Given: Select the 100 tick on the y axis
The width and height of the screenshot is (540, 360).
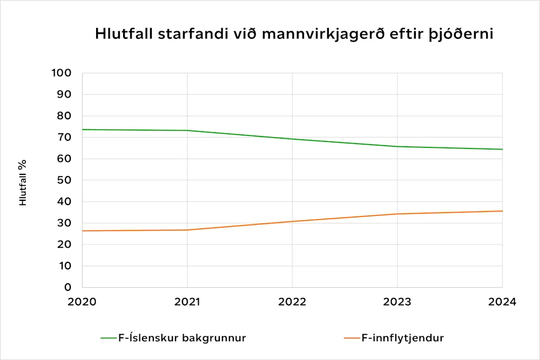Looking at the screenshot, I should click(x=62, y=73).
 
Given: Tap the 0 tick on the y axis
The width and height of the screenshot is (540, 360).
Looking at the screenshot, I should click(x=68, y=287).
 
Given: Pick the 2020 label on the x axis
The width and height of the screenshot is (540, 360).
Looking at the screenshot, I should click(x=82, y=302).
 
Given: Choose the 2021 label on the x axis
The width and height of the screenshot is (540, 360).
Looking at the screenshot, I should click(x=187, y=302).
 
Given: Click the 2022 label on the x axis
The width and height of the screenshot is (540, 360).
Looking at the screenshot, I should click(x=292, y=302).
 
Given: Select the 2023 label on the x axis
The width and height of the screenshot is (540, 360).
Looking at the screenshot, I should click(x=397, y=302).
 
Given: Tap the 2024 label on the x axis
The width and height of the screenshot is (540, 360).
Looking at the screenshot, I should click(x=502, y=302).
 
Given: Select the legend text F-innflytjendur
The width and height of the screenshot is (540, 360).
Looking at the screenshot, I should click(x=402, y=338).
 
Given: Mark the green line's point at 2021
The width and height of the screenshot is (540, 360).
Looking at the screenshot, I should click(x=187, y=131).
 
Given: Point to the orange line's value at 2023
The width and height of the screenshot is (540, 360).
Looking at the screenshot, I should click(x=397, y=214).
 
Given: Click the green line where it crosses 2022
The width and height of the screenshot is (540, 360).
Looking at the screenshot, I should click(x=292, y=139).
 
